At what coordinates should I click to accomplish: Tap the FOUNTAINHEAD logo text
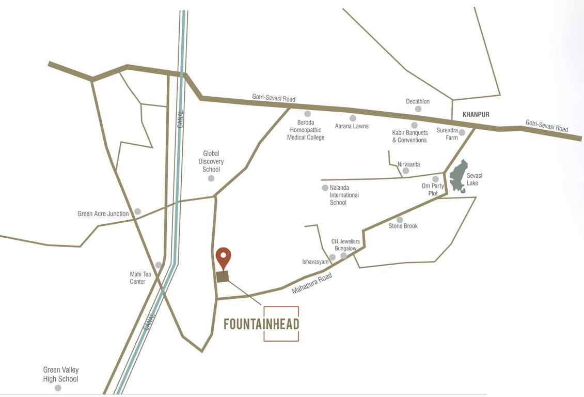(x=261, y=324)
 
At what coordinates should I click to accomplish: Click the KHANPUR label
(x=476, y=114)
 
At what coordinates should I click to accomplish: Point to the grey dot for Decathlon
(x=418, y=109)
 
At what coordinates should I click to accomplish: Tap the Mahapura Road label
(x=311, y=284)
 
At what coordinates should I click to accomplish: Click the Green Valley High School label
(x=61, y=375)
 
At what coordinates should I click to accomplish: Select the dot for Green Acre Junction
(x=138, y=211)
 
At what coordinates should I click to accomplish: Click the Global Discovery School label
(x=211, y=161)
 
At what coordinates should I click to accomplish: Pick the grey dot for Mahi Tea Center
(x=159, y=265)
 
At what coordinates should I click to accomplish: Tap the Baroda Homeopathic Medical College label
(x=306, y=130)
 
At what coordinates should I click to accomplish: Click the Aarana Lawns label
(x=352, y=126)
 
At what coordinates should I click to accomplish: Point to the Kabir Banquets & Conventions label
(x=409, y=136)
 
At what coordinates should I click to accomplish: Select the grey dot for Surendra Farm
(x=462, y=133)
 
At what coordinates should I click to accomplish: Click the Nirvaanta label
(x=408, y=164)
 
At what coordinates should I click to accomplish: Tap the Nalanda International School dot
(x=325, y=188)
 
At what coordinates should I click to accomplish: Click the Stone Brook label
(x=403, y=226)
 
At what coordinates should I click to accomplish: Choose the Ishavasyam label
(x=315, y=262)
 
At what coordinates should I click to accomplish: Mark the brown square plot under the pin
(x=223, y=277)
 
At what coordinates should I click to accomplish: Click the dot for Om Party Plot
(x=435, y=179)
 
